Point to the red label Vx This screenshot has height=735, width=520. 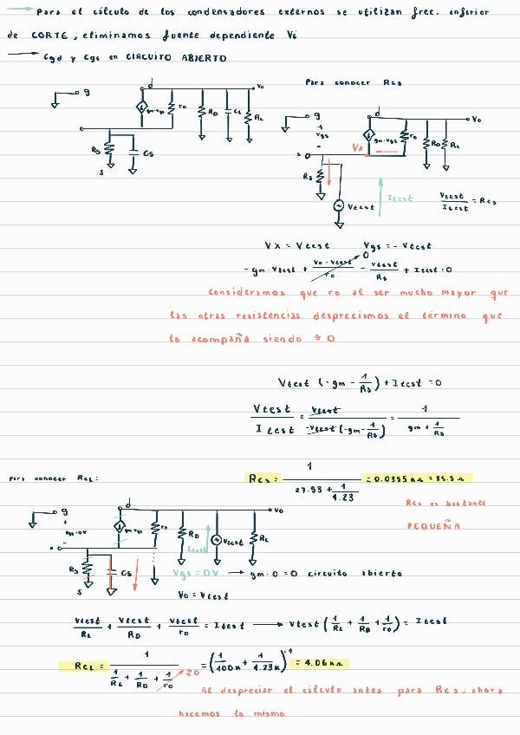coord(358,148)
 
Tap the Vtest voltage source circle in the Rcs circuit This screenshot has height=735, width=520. coord(338,206)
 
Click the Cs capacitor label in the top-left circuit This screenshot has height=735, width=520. coord(148,153)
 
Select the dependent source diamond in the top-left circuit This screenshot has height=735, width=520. coord(141,109)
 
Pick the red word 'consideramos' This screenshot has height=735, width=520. coord(239,293)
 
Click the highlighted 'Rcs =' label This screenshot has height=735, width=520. coord(263,478)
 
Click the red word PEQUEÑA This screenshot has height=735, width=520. coord(434,525)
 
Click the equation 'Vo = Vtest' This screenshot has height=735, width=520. coord(203,595)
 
